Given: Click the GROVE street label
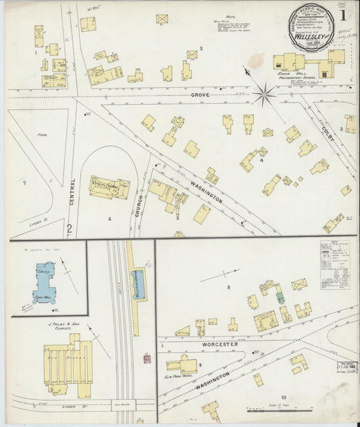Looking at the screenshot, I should tap(199, 95).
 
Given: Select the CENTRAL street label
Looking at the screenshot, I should tap(72, 192).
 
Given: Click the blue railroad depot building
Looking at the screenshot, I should tap(138, 283).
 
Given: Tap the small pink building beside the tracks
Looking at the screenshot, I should tap(147, 359).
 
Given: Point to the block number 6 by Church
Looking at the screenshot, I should tap(109, 218).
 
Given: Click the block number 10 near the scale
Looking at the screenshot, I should tap(284, 397).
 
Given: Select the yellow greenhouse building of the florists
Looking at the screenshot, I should tap(68, 362).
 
